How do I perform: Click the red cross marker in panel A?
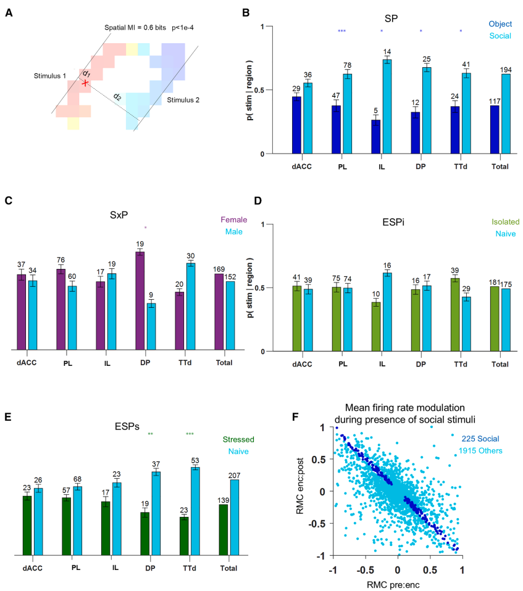pos(85,83)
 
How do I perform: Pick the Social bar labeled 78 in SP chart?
pos(348,114)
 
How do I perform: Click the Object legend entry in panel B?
pos(501,24)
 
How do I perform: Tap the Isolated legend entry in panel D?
pos(499,220)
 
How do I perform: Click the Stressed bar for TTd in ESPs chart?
pos(184,535)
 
